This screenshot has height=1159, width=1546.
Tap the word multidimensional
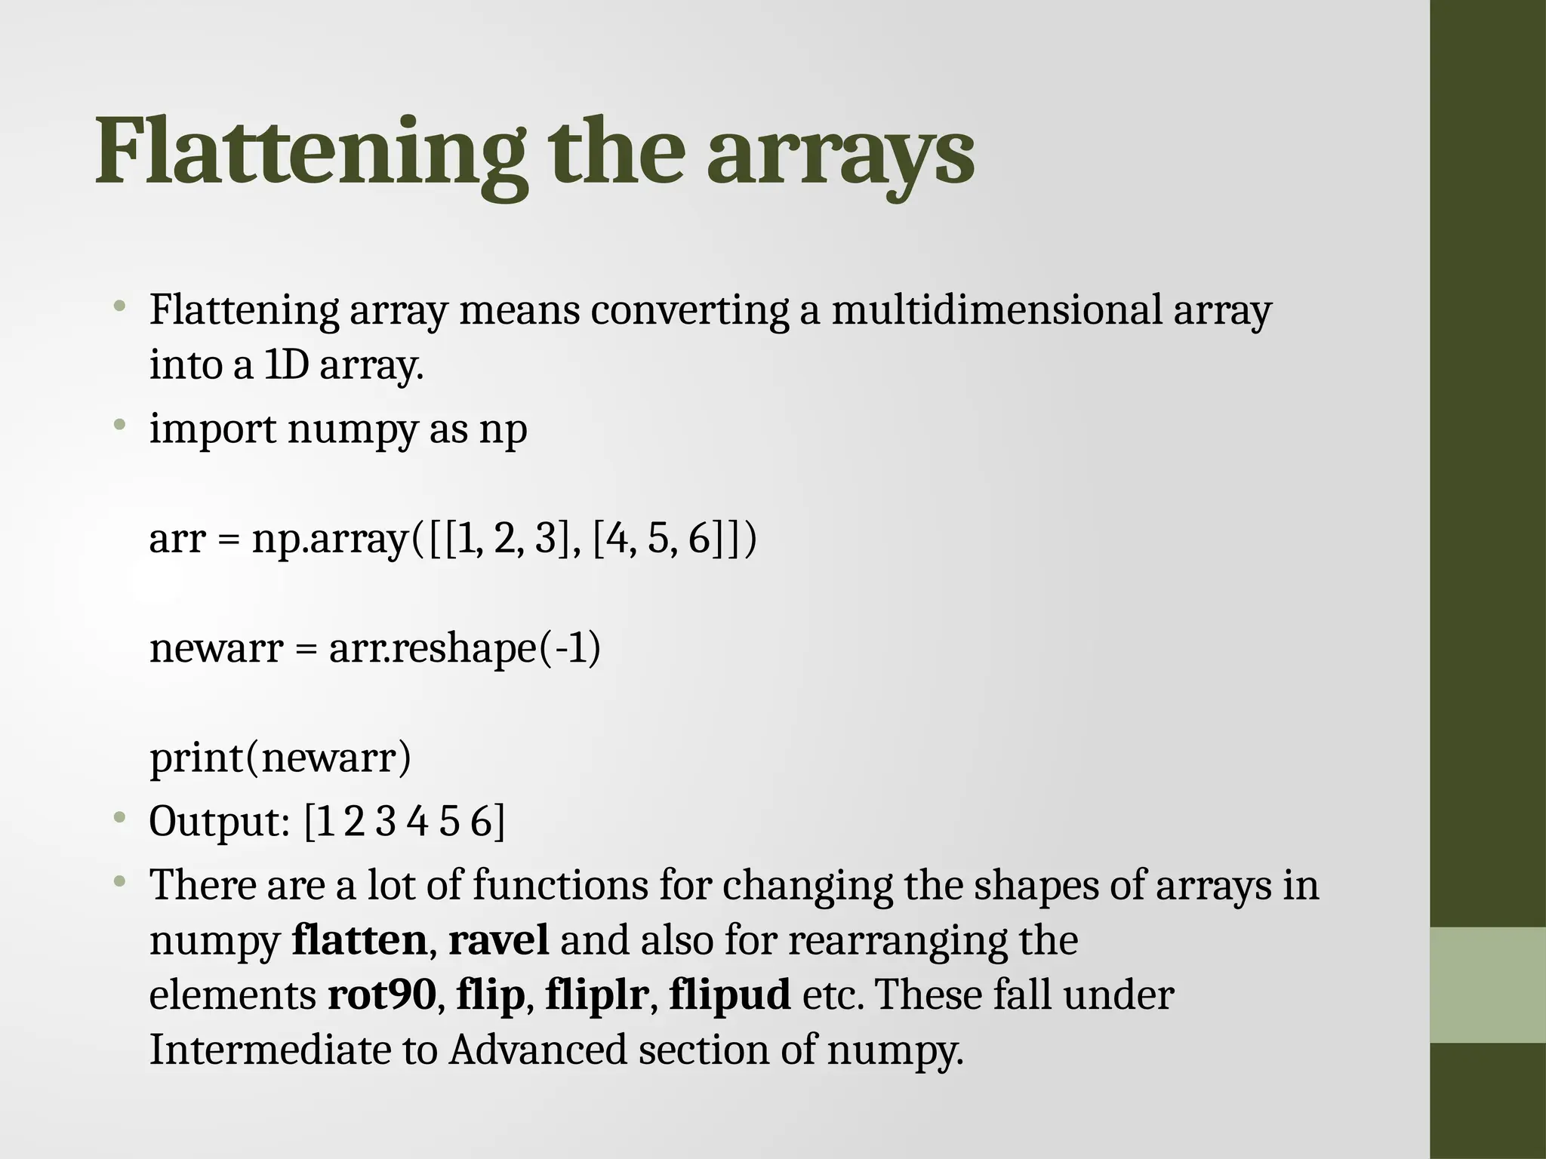point(996,310)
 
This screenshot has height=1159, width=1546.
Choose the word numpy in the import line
point(352,430)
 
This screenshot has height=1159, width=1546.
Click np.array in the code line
point(331,540)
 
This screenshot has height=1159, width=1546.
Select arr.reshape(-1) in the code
point(465,648)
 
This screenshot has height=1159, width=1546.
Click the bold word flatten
point(359,940)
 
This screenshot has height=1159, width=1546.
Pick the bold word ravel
point(499,940)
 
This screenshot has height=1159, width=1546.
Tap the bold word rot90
point(382,995)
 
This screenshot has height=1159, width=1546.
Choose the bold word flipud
point(730,995)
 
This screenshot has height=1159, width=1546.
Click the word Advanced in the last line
point(538,1050)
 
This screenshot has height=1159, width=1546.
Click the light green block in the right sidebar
point(1488,985)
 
